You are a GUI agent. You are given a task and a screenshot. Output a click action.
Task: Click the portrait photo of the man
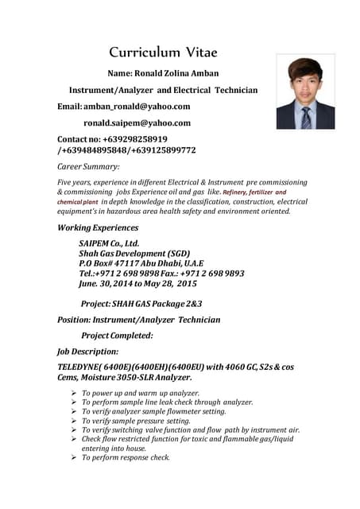coord(305,91)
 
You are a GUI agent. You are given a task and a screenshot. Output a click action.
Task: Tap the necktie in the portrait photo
coord(306,118)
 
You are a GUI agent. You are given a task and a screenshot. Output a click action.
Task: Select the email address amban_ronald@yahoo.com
coord(137,107)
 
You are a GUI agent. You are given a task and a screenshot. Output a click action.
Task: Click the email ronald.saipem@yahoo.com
coord(137,123)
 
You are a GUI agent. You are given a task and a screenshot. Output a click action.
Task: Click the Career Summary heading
coord(88,167)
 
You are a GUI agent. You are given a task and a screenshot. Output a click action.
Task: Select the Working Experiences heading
coord(98,227)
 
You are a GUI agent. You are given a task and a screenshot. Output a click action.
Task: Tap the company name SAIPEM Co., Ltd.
coord(109,243)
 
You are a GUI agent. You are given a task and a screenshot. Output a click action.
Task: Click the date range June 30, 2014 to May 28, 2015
coord(137,283)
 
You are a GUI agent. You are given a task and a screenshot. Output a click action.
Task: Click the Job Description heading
coord(87,351)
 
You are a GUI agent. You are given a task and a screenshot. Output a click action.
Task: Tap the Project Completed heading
coord(117,335)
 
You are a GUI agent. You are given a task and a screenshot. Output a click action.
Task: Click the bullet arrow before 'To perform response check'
coord(73,457)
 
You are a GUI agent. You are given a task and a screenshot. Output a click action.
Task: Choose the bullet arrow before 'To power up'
coord(73,393)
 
